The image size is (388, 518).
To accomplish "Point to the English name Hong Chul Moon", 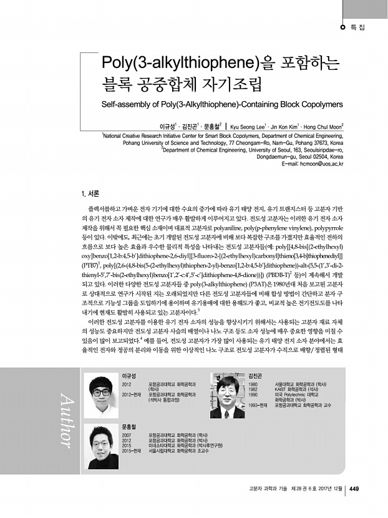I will tap(329, 124).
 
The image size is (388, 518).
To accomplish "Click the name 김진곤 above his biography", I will tap(255, 375).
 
